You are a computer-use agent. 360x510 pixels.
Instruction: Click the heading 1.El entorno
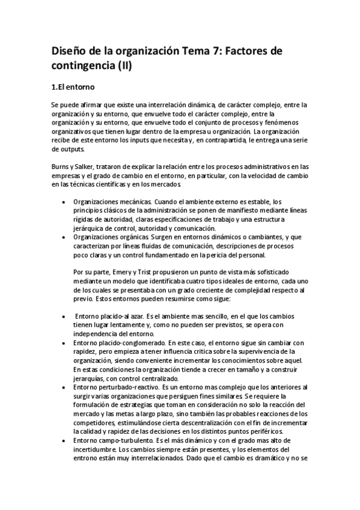[73, 87]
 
